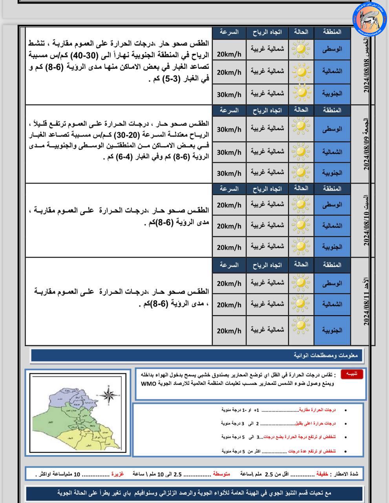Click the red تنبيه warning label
[x=352, y=374]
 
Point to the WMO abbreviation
[x=149, y=383]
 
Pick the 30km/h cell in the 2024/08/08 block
[x=229, y=95]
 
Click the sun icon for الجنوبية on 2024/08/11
[x=301, y=325]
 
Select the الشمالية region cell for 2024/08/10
[x=332, y=226]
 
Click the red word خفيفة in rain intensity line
[x=322, y=474]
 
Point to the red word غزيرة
[x=117, y=474]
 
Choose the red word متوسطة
[x=222, y=474]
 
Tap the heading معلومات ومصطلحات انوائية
[x=326, y=356]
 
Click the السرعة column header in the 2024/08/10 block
[x=229, y=189]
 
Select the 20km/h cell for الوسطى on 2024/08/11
[x=229, y=283]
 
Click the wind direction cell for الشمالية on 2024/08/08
[x=267, y=71]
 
